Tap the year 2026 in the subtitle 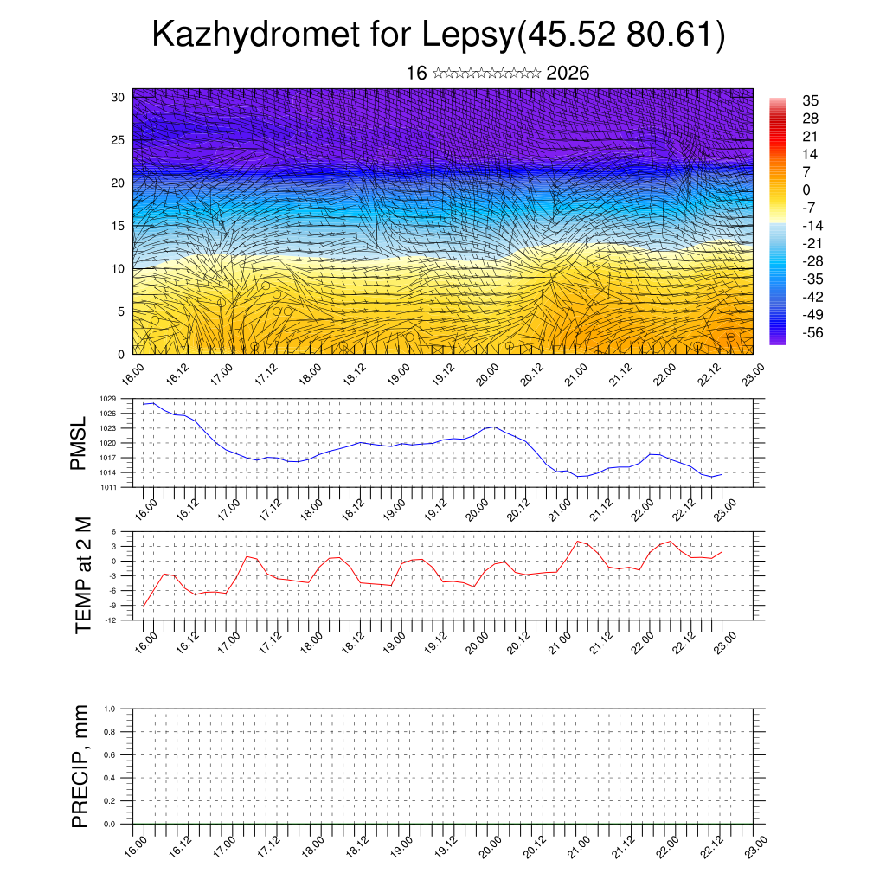pos(568,73)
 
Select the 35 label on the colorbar pos(811,100)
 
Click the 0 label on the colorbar pos(806,189)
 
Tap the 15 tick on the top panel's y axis pos(119,226)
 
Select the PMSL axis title pos(79,443)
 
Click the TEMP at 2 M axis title pos(83,575)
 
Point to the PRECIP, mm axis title pos(80,766)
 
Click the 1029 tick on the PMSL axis pos(108,399)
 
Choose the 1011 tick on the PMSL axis pos(108,487)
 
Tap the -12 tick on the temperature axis pos(112,620)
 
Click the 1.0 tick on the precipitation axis pos(110,709)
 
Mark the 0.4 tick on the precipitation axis pos(110,778)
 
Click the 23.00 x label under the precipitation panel pos(756,844)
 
